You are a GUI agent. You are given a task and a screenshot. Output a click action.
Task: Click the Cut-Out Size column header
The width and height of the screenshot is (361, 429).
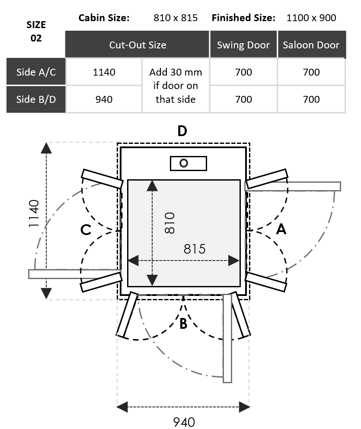click(x=137, y=45)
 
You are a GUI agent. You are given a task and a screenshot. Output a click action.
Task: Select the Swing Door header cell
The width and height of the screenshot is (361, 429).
click(x=243, y=45)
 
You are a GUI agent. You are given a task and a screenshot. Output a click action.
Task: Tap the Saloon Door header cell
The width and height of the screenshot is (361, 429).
click(x=311, y=45)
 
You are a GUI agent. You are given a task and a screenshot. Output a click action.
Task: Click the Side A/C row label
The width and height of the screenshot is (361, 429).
click(x=36, y=72)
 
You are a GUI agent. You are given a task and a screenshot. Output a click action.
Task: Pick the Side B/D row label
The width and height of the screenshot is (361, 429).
click(x=36, y=99)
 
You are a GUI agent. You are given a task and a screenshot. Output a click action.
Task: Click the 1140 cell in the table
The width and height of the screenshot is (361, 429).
click(x=104, y=72)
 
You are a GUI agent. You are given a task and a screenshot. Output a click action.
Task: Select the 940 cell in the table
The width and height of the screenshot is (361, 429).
click(x=104, y=99)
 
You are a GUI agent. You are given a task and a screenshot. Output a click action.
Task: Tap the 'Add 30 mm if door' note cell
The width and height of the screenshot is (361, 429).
click(x=176, y=86)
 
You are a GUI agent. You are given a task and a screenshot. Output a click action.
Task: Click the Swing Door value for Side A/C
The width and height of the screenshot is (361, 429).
click(x=243, y=72)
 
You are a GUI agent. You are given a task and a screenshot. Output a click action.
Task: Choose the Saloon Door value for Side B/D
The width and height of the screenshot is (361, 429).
click(x=311, y=99)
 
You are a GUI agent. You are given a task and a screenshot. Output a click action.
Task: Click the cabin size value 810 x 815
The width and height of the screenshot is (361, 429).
click(x=176, y=18)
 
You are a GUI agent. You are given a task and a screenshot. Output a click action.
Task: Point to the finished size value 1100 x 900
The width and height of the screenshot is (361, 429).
click(x=311, y=18)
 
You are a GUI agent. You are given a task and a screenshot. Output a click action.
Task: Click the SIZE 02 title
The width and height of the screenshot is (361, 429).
click(x=36, y=31)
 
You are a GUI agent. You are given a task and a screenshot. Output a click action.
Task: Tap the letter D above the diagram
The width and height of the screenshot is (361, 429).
click(x=182, y=130)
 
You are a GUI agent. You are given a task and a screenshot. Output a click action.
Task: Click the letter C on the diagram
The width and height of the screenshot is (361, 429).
click(x=86, y=230)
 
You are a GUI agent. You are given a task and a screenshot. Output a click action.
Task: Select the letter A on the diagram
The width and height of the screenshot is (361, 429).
click(x=281, y=229)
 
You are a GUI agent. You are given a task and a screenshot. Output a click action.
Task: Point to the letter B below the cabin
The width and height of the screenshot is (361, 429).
click(x=183, y=324)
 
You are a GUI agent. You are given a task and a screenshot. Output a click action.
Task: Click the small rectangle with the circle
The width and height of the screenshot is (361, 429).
click(x=188, y=163)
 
